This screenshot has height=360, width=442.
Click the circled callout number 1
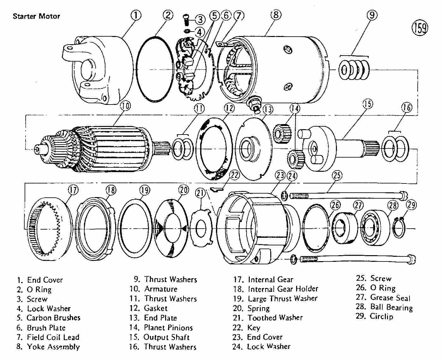tap(136, 15)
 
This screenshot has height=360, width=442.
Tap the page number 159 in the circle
tap(420, 28)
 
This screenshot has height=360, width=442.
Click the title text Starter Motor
tap(37, 16)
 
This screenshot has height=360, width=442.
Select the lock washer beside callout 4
tap(187, 31)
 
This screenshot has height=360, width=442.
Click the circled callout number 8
tap(276, 15)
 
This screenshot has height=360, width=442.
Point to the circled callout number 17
tap(73, 190)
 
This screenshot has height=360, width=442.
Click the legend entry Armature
tap(161, 289)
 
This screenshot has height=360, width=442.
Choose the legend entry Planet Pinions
tap(168, 327)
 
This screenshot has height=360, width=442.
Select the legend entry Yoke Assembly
tap(53, 347)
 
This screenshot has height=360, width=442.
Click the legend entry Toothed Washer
tap(275, 318)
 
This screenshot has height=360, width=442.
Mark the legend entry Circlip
tap(382, 316)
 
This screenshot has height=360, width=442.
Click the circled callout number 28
tap(393, 205)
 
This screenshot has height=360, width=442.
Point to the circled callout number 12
tap(229, 108)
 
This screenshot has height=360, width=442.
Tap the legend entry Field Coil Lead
tap(53, 337)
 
